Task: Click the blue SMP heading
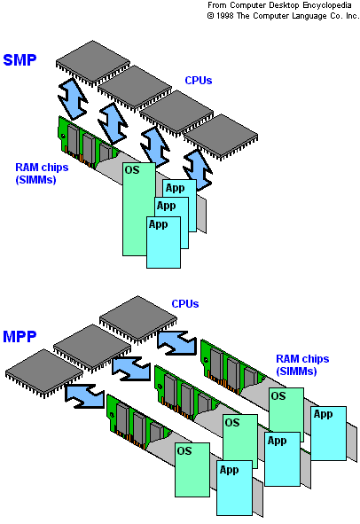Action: (x=20, y=60)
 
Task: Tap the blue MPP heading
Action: (x=20, y=337)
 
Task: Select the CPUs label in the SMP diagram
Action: (x=199, y=81)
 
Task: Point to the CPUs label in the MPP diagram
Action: (x=184, y=304)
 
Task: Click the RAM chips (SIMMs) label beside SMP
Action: (x=42, y=174)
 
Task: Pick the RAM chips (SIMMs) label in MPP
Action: (x=302, y=365)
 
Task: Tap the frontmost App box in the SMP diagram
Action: (x=163, y=242)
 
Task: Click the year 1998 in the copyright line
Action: (x=224, y=16)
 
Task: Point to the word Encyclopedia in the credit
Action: (x=327, y=5)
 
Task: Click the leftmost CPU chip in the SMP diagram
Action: (x=92, y=62)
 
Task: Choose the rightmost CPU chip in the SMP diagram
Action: (x=221, y=136)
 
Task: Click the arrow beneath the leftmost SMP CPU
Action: (x=73, y=99)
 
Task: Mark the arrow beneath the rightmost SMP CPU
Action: (x=198, y=170)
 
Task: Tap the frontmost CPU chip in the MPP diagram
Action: (x=44, y=372)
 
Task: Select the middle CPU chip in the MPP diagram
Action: (x=92, y=347)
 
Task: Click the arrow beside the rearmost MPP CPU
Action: (x=176, y=343)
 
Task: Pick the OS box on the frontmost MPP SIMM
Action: (x=192, y=470)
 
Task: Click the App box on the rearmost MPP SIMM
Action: (x=329, y=434)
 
